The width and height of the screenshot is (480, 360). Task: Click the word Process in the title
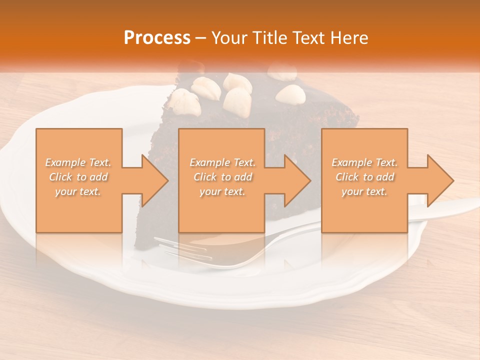point(157,38)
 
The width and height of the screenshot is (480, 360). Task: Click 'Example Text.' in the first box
point(78,162)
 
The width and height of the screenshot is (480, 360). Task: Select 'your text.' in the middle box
point(222,191)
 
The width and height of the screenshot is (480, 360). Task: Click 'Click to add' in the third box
point(364,177)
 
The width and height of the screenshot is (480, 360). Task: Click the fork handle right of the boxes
point(450,206)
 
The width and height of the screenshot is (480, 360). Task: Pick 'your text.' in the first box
point(78,191)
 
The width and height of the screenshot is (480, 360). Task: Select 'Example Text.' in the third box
point(364,162)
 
